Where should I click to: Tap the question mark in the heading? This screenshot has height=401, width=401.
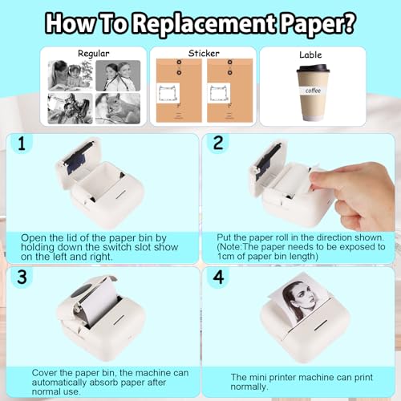[x=348, y=22]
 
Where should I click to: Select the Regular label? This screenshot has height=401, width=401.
[x=94, y=54]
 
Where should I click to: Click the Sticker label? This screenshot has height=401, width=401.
[x=204, y=53]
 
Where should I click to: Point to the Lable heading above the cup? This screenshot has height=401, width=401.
[x=310, y=55]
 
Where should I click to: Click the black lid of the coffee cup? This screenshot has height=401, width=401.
[x=313, y=68]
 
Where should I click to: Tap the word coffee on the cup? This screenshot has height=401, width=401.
[x=313, y=91]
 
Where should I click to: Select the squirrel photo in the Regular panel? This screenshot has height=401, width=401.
[x=118, y=108]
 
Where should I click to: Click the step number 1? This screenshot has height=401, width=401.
[x=22, y=143]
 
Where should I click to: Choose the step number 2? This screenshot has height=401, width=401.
[x=218, y=143]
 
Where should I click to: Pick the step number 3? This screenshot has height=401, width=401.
[x=22, y=277]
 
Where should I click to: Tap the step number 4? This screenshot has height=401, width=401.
[x=218, y=277]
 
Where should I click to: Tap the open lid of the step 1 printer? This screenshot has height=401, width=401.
[x=78, y=163]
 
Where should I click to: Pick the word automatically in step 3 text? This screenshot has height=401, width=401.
[x=59, y=383]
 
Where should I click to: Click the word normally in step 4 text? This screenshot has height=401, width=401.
[x=249, y=387]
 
